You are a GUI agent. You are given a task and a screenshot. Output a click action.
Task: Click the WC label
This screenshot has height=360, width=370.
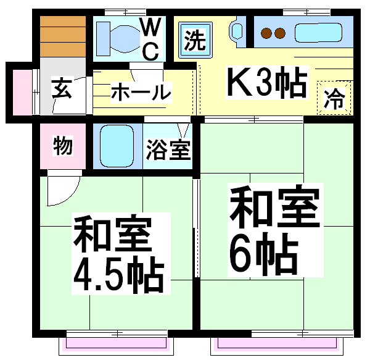click(150, 39)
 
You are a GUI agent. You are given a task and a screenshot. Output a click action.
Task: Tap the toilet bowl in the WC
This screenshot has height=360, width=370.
click(125, 39)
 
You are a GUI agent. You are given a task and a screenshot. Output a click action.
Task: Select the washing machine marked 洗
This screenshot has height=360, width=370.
click(195, 40)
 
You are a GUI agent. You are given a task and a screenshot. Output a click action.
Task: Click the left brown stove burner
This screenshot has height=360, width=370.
click(266, 33)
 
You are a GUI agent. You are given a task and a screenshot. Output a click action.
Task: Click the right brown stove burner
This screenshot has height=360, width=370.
click(280, 33)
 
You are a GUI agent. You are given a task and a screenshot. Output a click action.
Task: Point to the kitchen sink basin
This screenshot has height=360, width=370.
click(318, 33)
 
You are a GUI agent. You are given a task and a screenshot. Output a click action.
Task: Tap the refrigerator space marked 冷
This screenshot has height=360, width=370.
click(334, 98)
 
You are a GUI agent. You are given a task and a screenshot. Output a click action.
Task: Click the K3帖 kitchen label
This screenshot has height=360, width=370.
click(267, 83)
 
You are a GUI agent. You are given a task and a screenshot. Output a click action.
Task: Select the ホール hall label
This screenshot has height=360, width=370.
click(141, 92)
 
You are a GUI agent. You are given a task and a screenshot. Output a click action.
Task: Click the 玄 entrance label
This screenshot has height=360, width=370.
click(62, 89)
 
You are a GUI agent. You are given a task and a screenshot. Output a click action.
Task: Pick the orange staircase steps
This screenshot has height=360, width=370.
click(63, 36)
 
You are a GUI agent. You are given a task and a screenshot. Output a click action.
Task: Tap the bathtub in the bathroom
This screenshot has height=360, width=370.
click(117, 146)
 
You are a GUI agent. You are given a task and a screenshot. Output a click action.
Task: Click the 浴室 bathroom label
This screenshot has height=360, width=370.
click(168, 149)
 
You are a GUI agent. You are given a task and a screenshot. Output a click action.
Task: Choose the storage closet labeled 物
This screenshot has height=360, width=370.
click(63, 146)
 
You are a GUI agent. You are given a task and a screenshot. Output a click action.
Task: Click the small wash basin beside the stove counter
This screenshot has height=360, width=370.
click(237, 31)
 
